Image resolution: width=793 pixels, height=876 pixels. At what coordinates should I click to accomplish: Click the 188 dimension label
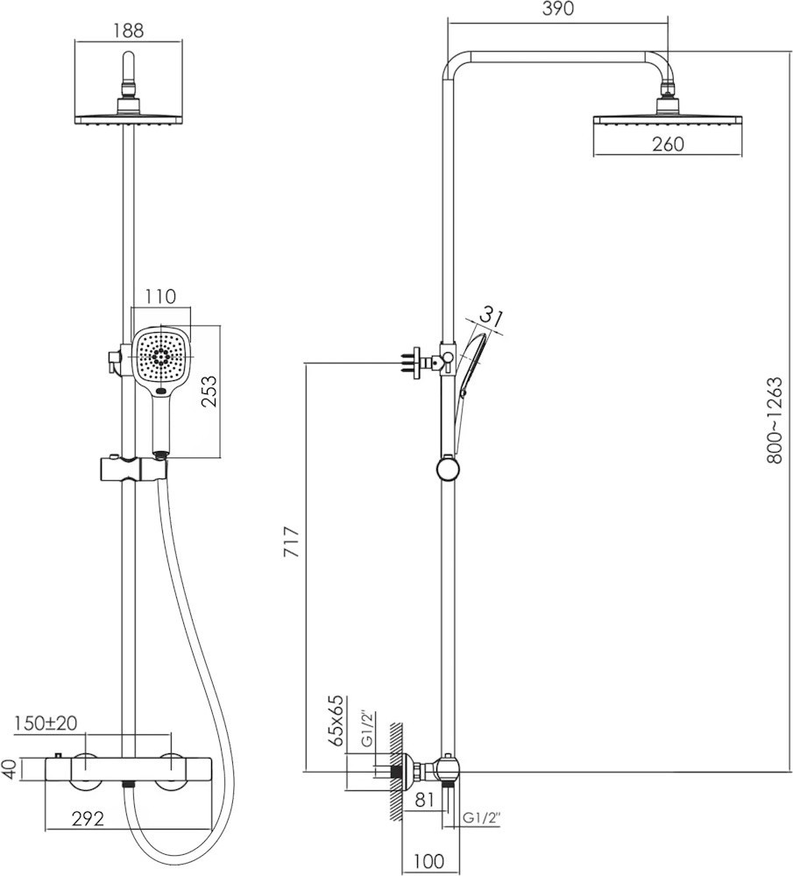pos(128,30)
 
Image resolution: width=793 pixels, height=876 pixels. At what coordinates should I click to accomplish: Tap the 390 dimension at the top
pos(557,9)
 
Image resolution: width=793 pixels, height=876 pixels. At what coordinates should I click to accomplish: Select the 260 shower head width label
pos(668,145)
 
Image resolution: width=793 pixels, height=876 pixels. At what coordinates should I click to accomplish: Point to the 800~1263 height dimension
pos(775,420)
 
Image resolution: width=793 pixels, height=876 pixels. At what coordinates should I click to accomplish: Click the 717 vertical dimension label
pos(293,541)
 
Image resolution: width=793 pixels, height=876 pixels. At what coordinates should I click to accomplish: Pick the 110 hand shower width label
pos(160,296)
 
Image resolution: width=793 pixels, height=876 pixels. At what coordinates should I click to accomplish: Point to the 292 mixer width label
pos(88,819)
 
